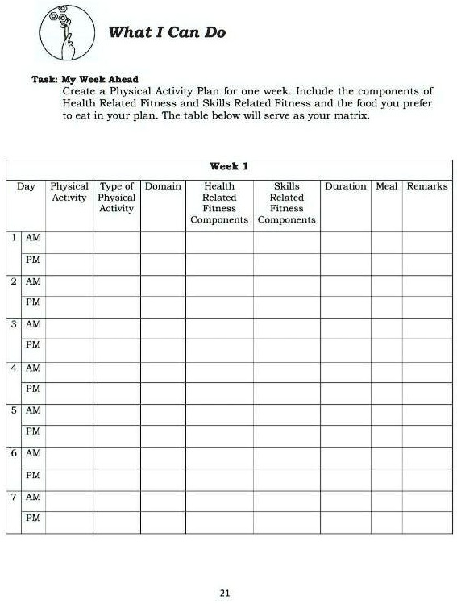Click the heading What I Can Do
pos(167,32)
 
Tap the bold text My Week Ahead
pos(101,80)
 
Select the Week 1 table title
pos(229,166)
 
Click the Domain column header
pos(163,186)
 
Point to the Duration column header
pos(345,186)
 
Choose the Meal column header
pos(387,186)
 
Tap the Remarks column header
pos(427,186)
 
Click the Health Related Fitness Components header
pos(219,202)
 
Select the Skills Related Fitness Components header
pos(287,202)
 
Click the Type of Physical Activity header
pos(117,198)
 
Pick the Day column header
pos(26,186)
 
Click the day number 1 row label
pos(15,238)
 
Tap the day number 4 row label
pos(15,368)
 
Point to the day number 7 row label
pos(15,497)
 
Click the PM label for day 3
pos(33,345)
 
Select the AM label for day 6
pos(33,453)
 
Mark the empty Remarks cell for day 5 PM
pos(427,432)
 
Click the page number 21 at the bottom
pos(225,594)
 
